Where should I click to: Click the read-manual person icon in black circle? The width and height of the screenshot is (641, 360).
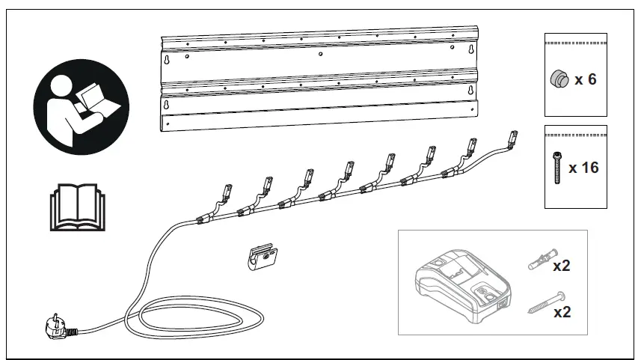pos(81,107)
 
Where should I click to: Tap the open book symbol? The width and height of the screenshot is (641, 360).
pos(75,206)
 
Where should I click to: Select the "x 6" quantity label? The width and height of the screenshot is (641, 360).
pos(585,79)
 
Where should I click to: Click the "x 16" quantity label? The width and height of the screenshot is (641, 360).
pos(583,168)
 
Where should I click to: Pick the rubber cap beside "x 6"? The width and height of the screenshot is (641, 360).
pos(558,79)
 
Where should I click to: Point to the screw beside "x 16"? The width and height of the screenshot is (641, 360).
pos(556,168)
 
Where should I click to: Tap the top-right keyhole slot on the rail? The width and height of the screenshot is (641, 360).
pos(471,51)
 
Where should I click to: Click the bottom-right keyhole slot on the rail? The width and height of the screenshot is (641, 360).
pos(471,91)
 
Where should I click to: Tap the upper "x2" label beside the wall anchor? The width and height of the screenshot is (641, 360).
pos(562,266)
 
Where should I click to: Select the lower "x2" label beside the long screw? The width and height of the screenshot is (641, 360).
pos(562,312)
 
